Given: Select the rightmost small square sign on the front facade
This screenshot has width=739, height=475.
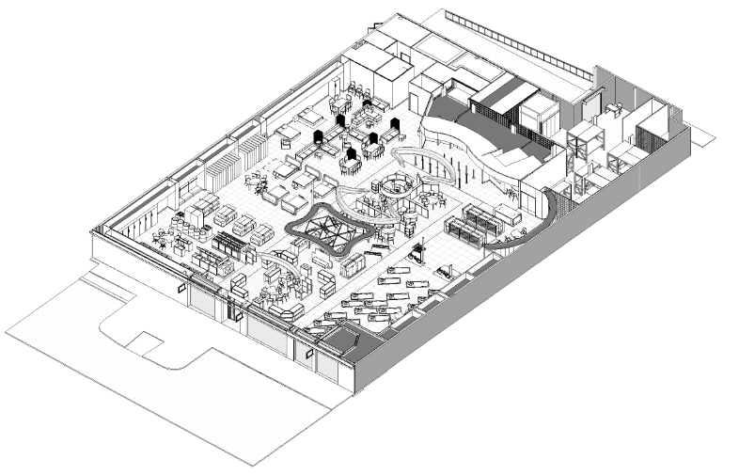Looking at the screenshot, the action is (x=307, y=355).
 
